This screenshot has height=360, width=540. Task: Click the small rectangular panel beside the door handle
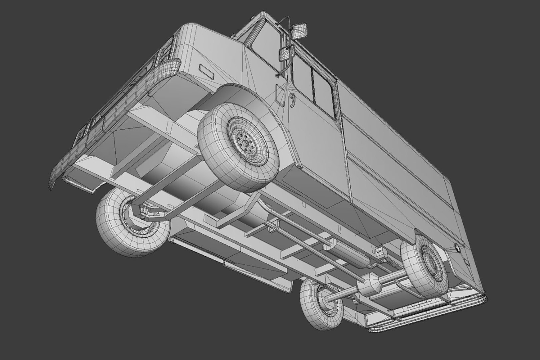click(x=280, y=91)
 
